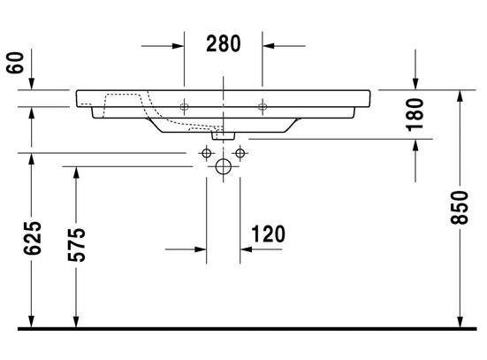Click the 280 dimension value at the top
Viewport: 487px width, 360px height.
point(224,44)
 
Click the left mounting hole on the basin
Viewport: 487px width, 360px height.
point(185,107)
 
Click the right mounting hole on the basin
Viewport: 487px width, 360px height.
point(262,107)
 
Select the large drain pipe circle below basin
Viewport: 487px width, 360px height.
point(223,166)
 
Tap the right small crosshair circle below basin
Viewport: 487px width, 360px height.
point(239,152)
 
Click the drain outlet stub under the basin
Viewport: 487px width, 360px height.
point(223,136)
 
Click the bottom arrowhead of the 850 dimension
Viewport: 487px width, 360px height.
point(460,320)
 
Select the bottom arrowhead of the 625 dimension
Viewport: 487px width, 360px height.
point(32,320)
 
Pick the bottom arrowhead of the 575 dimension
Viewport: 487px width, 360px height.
point(74,320)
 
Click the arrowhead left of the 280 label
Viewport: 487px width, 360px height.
point(177,44)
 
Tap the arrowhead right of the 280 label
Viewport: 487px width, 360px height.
point(270,44)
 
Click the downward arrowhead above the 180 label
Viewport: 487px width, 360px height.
point(416,82)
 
